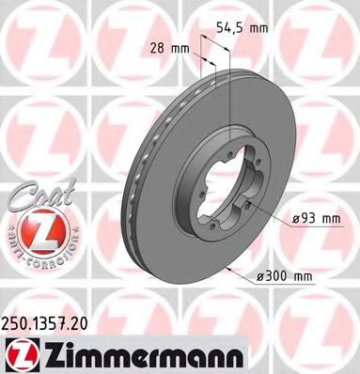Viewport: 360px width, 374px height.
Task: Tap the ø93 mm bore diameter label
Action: [311, 219]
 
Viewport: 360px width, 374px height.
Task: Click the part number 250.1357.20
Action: [51, 319]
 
